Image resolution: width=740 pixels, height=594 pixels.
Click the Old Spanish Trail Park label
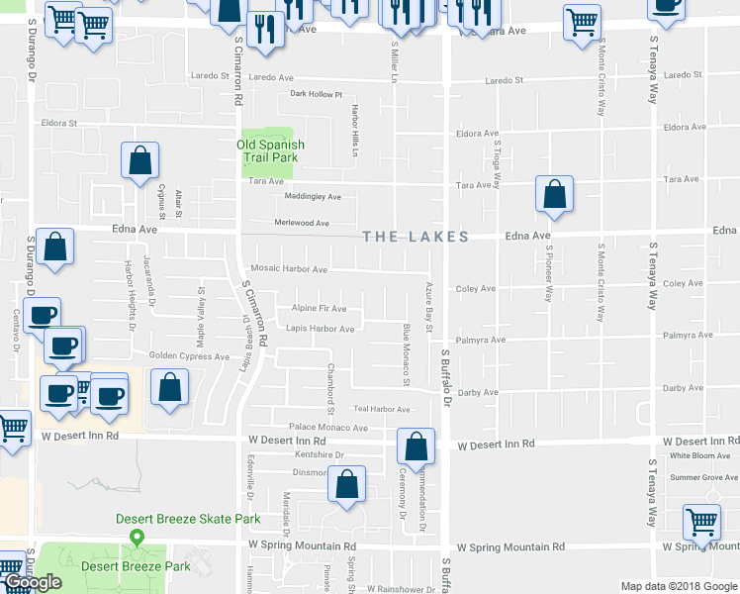[269, 150]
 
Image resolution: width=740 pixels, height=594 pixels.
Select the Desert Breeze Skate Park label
[188, 519]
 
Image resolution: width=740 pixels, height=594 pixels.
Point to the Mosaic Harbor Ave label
[289, 269]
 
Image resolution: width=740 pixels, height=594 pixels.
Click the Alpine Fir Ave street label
[320, 309]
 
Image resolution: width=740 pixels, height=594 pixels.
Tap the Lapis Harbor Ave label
[321, 329]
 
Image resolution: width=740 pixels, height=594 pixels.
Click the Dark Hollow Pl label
[316, 95]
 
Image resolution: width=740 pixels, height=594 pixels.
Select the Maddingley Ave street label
[313, 196]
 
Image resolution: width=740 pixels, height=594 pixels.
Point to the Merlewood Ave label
[302, 223]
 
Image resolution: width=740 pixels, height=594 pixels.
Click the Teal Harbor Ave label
[382, 409]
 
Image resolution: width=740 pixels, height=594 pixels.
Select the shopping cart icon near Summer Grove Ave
[701, 522]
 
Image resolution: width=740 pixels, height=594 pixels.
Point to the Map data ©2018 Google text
[679, 586]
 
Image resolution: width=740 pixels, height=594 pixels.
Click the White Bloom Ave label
[699, 455]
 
